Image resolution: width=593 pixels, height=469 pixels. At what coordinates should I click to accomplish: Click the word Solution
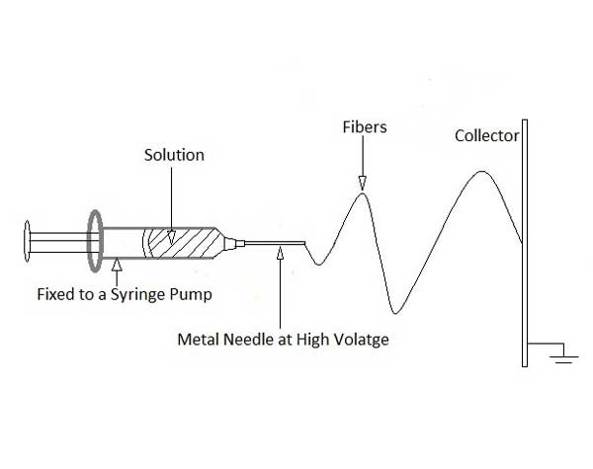coord(174,155)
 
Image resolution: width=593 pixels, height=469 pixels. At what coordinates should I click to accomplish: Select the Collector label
coord(486,136)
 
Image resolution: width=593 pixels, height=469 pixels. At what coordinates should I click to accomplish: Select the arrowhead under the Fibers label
coord(362,182)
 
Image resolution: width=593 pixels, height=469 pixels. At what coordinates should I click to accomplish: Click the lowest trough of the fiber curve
coord(395,313)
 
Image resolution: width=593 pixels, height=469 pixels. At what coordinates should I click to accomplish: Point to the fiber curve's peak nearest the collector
coord(481,172)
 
